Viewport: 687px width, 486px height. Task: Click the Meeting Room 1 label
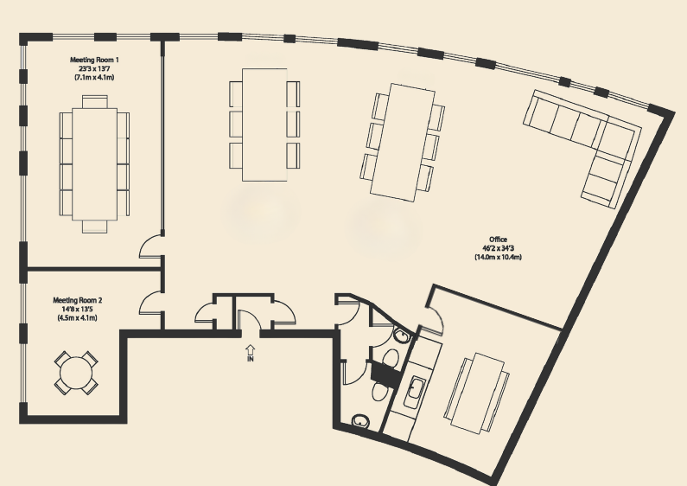94,60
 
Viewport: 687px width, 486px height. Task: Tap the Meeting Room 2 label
78,300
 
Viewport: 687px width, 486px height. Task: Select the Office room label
498,240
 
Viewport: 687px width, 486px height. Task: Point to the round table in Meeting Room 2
76,374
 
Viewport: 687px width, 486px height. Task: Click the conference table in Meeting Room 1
95,163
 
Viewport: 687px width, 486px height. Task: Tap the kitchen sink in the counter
414,393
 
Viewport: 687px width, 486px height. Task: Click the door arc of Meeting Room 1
150,246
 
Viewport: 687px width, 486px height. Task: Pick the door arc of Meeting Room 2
150,302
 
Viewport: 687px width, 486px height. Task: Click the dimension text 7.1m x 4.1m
94,77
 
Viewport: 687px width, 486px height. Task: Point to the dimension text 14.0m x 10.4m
498,257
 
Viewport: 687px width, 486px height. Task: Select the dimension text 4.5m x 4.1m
77,318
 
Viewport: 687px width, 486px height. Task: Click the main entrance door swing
250,320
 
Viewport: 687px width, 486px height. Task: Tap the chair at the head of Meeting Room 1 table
95,102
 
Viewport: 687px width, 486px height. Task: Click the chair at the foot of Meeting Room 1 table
95,227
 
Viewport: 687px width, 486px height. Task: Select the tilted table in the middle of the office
403,143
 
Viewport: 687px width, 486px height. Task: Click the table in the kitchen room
477,393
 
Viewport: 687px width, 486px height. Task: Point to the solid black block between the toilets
384,374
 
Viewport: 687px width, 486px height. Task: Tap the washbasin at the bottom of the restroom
360,421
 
